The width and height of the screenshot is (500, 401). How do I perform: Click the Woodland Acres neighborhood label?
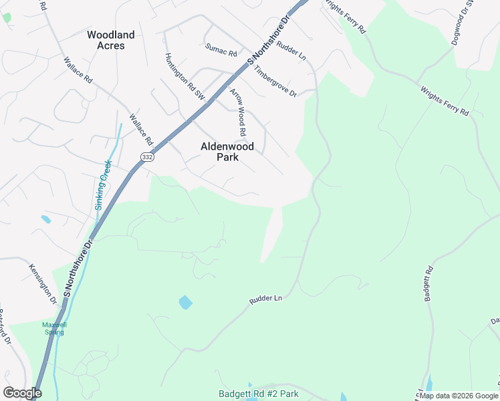110,40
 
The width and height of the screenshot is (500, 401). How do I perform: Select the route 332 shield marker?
147,156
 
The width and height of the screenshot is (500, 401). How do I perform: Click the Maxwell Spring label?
55,327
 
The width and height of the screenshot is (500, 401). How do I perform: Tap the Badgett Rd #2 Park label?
258,394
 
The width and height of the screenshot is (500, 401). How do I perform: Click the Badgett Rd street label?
428,283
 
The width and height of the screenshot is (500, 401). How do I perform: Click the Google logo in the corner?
22,392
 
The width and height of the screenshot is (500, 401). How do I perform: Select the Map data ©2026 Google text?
459,396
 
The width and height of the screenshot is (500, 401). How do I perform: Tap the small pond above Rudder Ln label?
185,303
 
